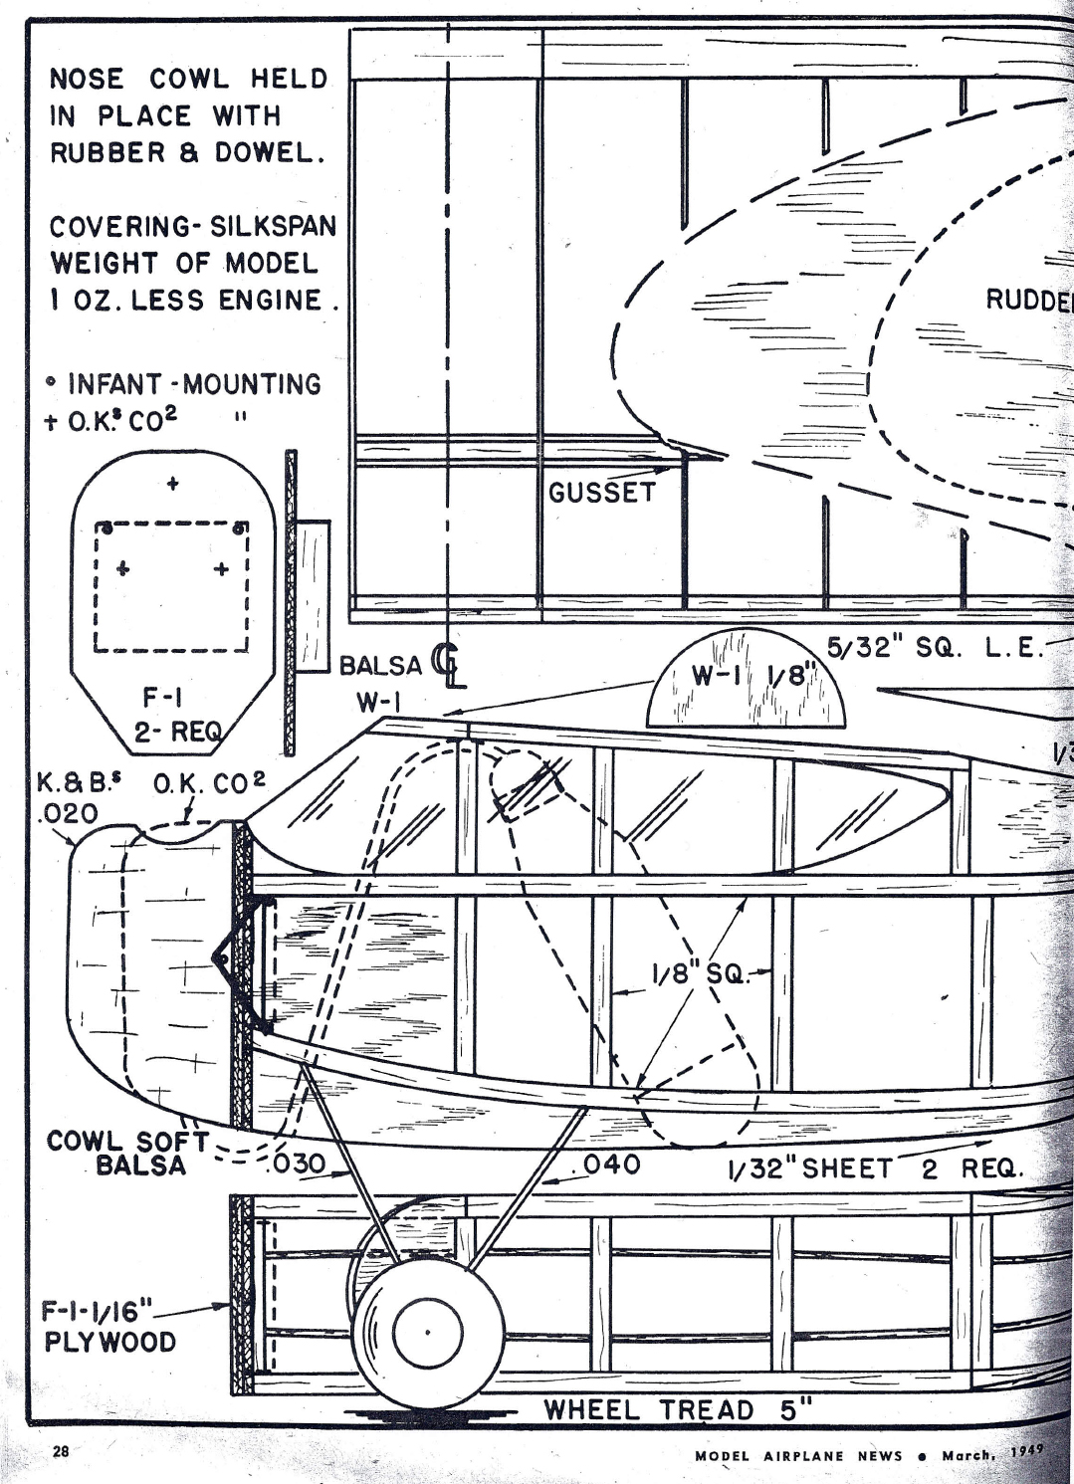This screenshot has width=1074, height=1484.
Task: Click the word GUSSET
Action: pos(602,492)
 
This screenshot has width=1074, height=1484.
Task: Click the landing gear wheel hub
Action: pos(427,1332)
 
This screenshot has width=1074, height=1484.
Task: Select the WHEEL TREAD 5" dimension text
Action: pos(678,1409)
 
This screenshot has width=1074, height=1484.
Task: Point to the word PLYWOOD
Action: pos(109,1342)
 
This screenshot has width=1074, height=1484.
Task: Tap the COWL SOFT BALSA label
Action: pos(124,1153)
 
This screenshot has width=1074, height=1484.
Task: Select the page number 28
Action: pos(61,1452)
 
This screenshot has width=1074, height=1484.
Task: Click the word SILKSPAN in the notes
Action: pos(273,226)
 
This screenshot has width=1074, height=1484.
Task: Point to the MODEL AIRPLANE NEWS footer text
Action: pos(798,1455)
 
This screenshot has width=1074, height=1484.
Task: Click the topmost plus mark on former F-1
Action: pos(173,484)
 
